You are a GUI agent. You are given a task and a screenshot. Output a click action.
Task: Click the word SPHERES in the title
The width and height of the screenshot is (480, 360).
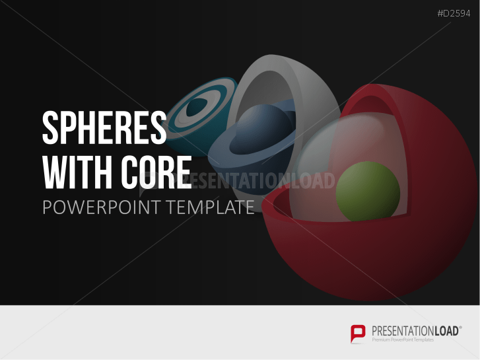(x=104, y=127)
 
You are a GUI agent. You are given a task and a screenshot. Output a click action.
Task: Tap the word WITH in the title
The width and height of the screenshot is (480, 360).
(x=77, y=172)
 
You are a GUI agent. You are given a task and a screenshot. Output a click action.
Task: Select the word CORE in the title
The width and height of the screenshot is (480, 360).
(x=156, y=172)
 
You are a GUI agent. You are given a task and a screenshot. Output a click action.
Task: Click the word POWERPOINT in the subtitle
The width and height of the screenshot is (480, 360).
(x=101, y=207)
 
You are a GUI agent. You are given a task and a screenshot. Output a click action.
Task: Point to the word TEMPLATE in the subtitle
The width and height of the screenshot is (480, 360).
(x=211, y=207)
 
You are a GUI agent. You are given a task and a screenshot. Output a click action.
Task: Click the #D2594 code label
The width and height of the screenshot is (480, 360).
(x=454, y=13)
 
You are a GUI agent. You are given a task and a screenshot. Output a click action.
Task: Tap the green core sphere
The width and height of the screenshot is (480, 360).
(x=368, y=192)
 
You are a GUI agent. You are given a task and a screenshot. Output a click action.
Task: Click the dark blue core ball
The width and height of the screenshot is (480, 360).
(x=261, y=129)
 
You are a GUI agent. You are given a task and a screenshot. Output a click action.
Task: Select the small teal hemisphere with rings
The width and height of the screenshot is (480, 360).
(x=199, y=116)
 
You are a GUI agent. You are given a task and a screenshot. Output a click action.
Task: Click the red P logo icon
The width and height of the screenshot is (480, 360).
(x=358, y=334)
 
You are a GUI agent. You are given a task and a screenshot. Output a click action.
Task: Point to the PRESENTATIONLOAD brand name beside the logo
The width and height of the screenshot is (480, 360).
(x=415, y=331)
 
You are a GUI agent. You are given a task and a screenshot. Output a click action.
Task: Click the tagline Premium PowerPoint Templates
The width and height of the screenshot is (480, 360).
(x=403, y=340)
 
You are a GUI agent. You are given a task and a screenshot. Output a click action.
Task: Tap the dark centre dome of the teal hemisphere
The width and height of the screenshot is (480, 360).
(x=197, y=107)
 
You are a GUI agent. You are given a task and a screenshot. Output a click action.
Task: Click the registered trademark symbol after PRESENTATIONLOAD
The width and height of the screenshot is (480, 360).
(x=460, y=327)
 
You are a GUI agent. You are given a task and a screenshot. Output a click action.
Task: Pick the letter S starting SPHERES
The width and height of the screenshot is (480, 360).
(x=50, y=127)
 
